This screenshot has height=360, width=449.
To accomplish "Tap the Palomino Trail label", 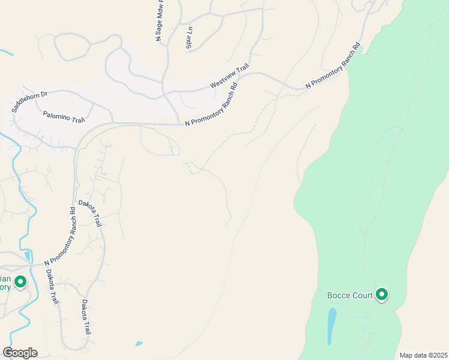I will (x=64, y=116).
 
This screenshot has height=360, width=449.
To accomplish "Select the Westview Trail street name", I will (x=229, y=77).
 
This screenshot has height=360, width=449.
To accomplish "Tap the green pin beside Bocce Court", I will (x=381, y=295).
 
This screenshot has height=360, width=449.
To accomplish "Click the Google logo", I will (x=20, y=353).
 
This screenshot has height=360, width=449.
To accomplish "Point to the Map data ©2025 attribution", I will (x=423, y=355).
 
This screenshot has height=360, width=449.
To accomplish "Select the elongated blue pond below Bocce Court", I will (x=331, y=326).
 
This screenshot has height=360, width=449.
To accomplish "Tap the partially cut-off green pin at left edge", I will (x=20, y=281).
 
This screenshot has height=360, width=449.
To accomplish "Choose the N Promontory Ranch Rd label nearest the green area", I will (x=332, y=66).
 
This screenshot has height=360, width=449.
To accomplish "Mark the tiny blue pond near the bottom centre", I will (x=139, y=344).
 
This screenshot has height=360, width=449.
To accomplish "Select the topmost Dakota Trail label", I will (x=91, y=214).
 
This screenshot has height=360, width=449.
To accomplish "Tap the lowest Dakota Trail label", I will (x=86, y=316).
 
